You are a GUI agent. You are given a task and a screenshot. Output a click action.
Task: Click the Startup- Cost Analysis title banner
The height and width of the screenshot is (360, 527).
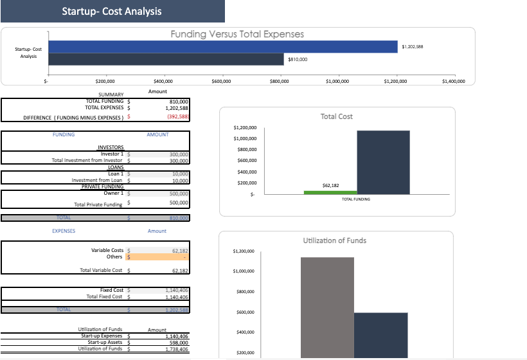pyautogui.click(x=112, y=12)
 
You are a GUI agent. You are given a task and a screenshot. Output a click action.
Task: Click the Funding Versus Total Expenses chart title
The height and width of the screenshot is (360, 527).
pyautogui.click(x=237, y=34)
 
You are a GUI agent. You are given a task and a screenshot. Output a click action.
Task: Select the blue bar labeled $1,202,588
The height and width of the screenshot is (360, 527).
pyautogui.click(x=222, y=46)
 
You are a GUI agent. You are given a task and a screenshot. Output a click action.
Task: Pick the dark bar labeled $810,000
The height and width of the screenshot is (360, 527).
pyautogui.click(x=166, y=59)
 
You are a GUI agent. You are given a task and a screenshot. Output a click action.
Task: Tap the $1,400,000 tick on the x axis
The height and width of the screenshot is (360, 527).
pyautogui.click(x=454, y=82)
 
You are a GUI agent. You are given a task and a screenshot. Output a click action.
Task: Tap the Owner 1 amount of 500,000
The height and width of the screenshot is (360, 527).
pyautogui.click(x=178, y=194)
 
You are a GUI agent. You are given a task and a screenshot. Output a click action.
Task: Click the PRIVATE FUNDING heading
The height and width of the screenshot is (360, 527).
pyautogui.click(x=102, y=186)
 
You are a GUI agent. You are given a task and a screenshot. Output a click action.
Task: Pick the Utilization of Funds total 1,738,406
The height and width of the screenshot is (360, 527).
pyautogui.click(x=175, y=349)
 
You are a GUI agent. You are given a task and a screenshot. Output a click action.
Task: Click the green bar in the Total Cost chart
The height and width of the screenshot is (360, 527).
pyautogui.click(x=330, y=192)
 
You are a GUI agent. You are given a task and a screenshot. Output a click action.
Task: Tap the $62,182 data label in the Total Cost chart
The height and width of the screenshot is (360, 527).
pyautogui.click(x=330, y=185)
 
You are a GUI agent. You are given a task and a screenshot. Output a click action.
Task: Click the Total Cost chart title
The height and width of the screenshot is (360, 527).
pyautogui.click(x=336, y=116)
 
